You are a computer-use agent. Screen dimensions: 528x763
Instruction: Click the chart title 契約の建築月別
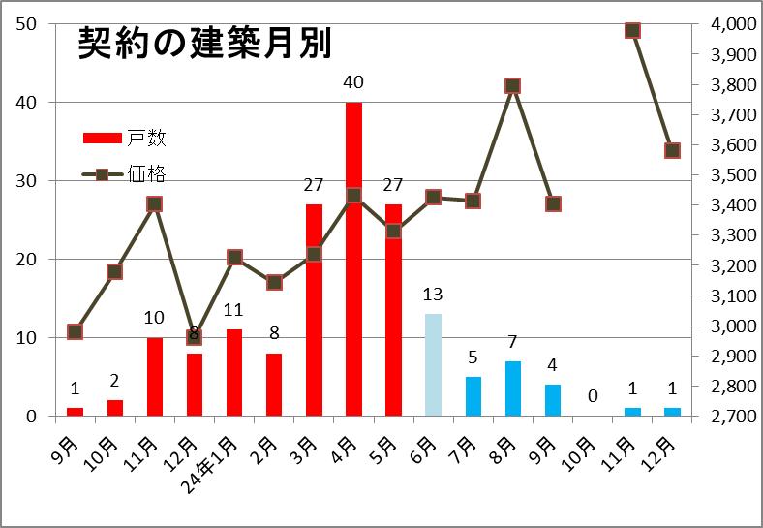pyautogui.click(x=204, y=43)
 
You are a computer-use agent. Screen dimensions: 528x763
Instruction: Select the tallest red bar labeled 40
pyautogui.click(x=353, y=259)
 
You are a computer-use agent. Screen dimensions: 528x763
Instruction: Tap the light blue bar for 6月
pyautogui.click(x=433, y=364)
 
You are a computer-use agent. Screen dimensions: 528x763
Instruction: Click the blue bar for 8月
pyautogui.click(x=512, y=388)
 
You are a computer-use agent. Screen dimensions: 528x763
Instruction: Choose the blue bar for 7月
pyautogui.click(x=473, y=395)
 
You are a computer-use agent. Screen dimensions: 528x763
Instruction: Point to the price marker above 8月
pyautogui.click(x=513, y=85)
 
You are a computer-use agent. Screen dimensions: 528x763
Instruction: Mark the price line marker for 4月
pyautogui.click(x=353, y=195)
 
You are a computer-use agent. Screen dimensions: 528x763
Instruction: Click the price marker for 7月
pyautogui.click(x=473, y=201)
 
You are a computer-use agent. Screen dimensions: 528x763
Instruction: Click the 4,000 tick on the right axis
pyautogui.click(x=727, y=24)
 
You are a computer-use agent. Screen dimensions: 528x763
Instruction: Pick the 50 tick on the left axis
pyautogui.click(x=27, y=23)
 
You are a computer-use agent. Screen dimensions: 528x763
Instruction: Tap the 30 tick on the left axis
pyautogui.click(x=27, y=181)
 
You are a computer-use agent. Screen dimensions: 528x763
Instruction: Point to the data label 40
pyautogui.click(x=353, y=82)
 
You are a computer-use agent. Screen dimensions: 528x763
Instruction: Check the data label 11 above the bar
pyautogui.click(x=234, y=310)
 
